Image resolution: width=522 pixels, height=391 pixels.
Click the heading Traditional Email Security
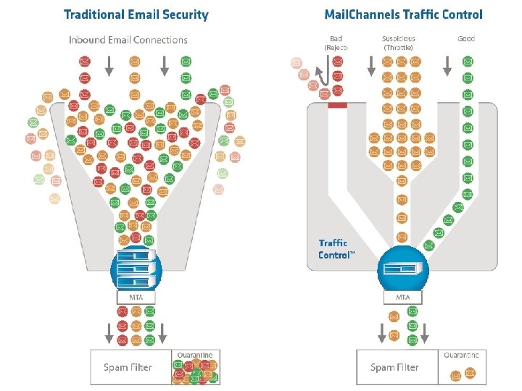coord(136,14)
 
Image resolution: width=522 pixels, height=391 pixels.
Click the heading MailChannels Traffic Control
coord(403,14)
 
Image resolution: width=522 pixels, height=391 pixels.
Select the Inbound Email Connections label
coord(128,40)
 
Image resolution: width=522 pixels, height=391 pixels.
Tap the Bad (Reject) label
coord(336,43)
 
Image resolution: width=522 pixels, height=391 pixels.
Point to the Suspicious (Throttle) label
coord(399,43)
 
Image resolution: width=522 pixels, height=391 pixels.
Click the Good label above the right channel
coord(466,38)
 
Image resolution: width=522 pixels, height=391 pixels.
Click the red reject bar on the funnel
coord(338,106)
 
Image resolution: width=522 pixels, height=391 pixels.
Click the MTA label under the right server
coord(403,298)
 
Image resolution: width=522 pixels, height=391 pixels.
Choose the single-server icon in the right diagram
coord(403,268)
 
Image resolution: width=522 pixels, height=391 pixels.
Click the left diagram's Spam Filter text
coord(128,367)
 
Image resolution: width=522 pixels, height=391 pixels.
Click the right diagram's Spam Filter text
coord(394,367)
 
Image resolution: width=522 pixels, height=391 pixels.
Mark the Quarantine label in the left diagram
coord(195,355)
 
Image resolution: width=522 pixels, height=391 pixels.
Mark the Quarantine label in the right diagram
coord(462,355)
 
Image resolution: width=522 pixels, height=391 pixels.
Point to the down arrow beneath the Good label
coord(447,66)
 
